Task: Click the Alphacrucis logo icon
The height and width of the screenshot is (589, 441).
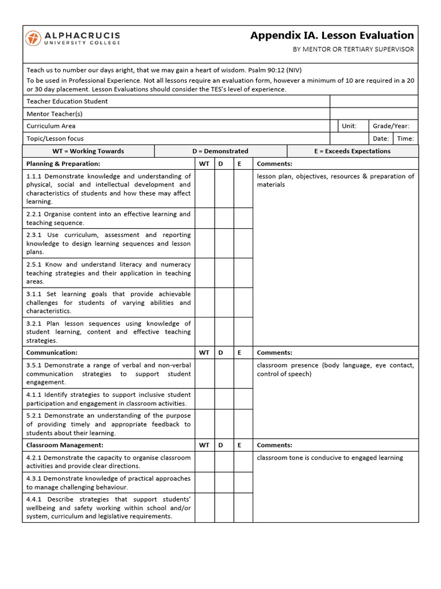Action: pos(33,39)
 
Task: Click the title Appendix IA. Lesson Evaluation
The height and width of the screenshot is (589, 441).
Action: pos(332,36)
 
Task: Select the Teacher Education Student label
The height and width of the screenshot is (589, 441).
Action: pos(67,101)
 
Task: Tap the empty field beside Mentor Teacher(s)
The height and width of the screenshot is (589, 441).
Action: pos(374,114)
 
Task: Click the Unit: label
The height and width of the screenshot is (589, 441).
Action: pos(349,126)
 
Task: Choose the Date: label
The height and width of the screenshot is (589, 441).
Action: pos(380,139)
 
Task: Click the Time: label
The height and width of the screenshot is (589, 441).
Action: pos(405,139)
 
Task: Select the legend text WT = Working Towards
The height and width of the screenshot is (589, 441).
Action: pos(88,151)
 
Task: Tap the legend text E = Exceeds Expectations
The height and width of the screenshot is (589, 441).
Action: pos(352,151)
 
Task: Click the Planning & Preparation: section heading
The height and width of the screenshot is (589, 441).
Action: pos(63,164)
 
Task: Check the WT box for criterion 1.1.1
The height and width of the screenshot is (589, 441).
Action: pos(204,189)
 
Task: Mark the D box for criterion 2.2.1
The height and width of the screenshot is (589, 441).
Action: pos(224,218)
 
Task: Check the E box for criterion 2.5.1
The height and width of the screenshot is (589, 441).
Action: pos(243,273)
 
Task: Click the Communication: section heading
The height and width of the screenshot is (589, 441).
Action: pos(52,353)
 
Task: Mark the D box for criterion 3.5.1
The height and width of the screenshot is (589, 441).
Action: pos(224,373)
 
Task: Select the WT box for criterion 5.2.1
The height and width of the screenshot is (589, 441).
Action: pos(204,424)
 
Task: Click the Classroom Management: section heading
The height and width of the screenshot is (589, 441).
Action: pos(65,445)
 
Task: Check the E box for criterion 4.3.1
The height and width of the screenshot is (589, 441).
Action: pos(243,483)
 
